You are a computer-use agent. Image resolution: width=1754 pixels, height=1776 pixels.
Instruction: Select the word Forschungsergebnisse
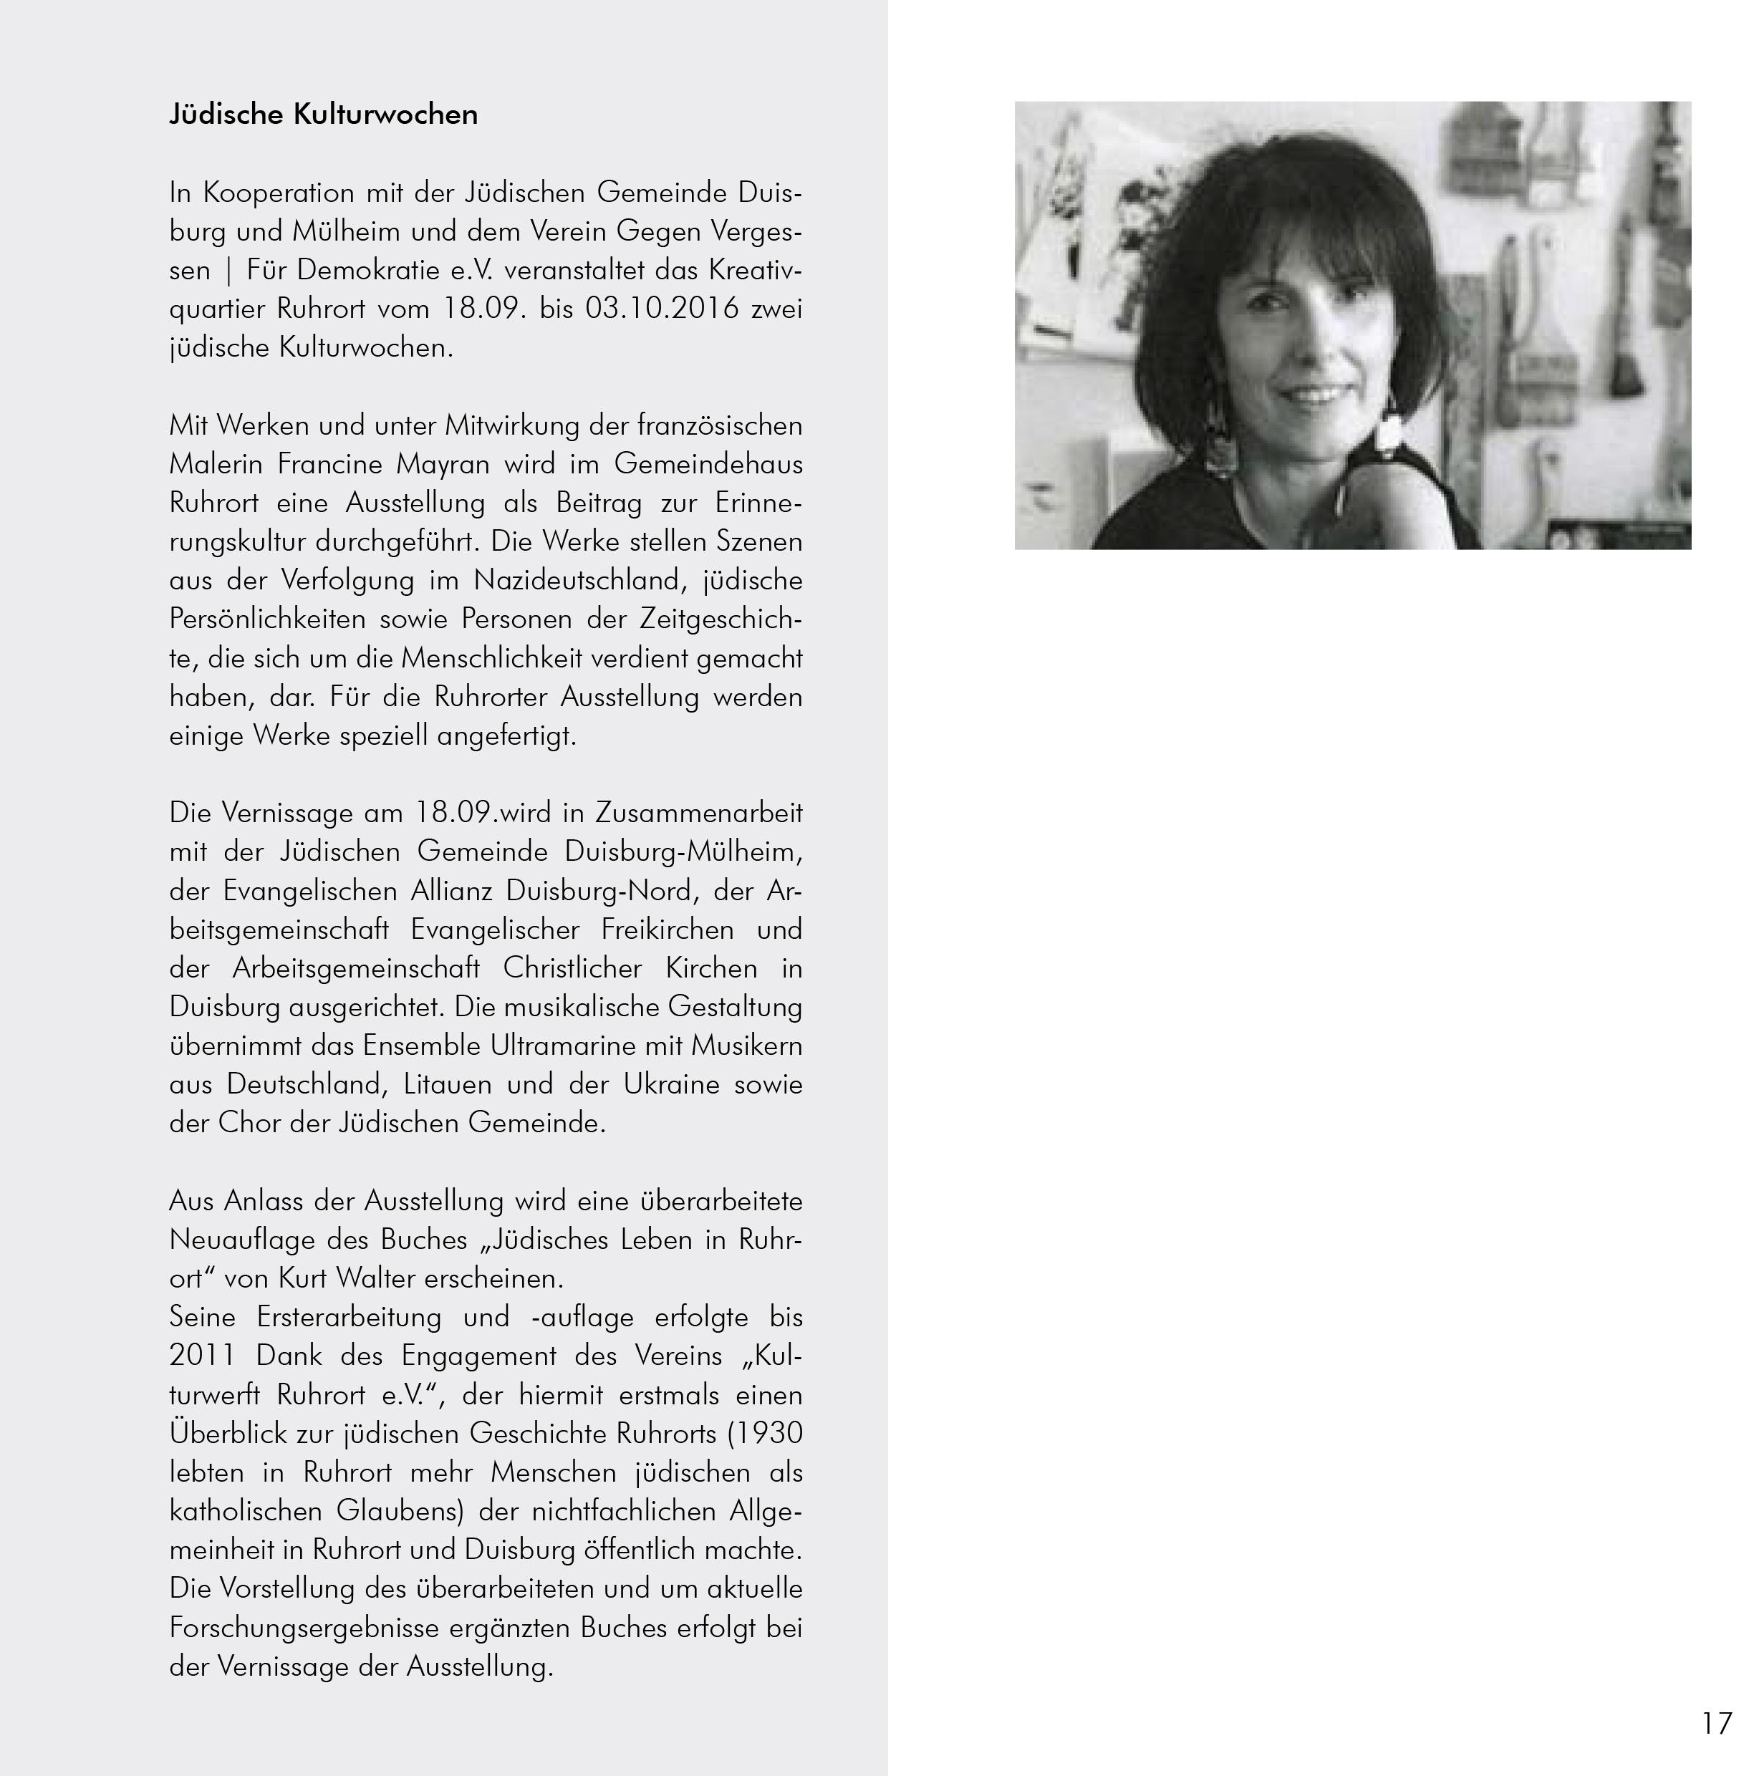coord(304,1628)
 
